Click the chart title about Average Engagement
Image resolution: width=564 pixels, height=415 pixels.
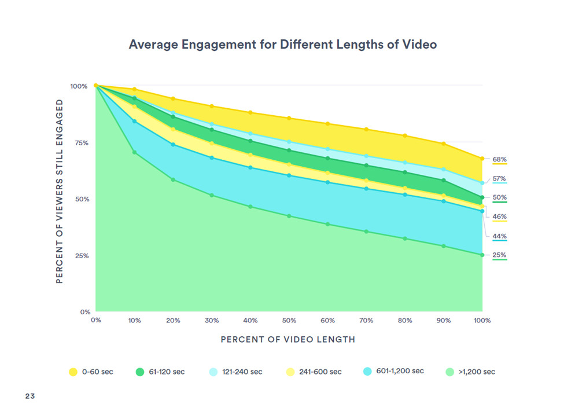click(x=282, y=45)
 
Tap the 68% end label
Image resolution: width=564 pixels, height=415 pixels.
click(x=500, y=159)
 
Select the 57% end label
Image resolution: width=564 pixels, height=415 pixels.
click(x=500, y=178)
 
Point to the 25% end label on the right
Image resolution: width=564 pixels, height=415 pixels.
click(x=500, y=255)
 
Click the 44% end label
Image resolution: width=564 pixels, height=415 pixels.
click(x=500, y=236)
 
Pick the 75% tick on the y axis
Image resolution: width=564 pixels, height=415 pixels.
click(x=79, y=142)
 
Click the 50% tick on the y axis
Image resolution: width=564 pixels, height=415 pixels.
click(x=79, y=199)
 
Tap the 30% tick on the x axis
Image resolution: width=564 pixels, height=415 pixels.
click(x=212, y=320)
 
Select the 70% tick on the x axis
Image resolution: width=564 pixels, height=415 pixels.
click(x=366, y=320)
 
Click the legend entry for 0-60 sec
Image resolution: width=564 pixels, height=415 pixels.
click(x=91, y=372)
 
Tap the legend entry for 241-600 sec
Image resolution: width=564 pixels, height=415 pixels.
click(x=314, y=372)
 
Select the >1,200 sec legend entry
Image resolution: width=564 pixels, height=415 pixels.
click(x=470, y=372)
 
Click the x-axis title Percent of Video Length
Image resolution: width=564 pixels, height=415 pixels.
click(x=288, y=339)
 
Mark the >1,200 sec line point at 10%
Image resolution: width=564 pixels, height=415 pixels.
click(x=135, y=152)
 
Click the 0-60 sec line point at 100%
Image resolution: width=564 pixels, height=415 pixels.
click(x=482, y=158)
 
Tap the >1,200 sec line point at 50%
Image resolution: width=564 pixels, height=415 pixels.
click(x=289, y=216)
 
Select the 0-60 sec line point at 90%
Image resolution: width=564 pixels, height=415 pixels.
click(x=443, y=144)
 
